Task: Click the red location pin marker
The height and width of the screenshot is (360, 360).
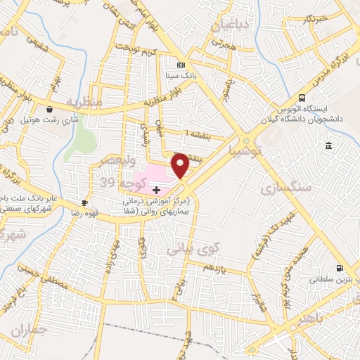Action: click(181, 165)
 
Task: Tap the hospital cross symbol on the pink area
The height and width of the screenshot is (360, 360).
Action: click(156, 190)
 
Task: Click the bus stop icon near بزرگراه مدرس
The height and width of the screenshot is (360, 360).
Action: click(302, 98)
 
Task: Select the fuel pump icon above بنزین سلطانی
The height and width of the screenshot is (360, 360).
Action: click(340, 268)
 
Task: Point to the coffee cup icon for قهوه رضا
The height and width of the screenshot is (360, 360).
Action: click(85, 203)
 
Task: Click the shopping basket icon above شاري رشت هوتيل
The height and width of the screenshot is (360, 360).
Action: click(49, 109)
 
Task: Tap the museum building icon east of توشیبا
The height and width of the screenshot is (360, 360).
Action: click(328, 146)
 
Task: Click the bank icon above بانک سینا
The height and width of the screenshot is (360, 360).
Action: click(181, 65)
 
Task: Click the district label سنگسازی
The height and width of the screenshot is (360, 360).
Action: click(278, 189)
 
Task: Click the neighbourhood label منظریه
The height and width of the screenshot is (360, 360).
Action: click(84, 103)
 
